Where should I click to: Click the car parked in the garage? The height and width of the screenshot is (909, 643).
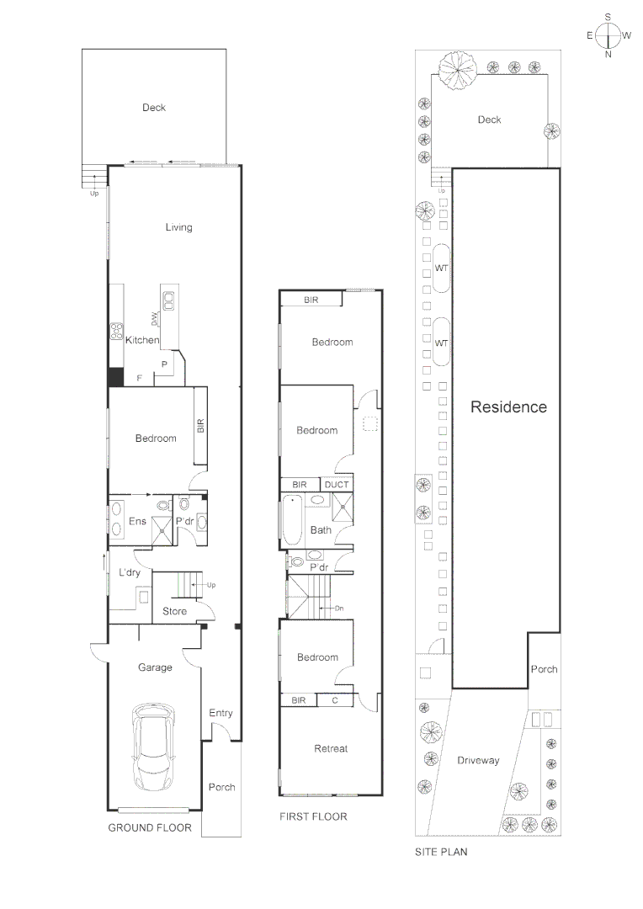click(154, 747)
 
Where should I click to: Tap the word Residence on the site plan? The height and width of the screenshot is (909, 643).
click(508, 407)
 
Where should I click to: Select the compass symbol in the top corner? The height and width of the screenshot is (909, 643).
click(608, 35)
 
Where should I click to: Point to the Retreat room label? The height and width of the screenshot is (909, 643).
click(331, 748)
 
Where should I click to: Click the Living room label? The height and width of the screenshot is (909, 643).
click(178, 227)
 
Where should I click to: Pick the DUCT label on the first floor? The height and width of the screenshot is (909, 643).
click(337, 485)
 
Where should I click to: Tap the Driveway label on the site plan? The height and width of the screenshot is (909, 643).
click(478, 760)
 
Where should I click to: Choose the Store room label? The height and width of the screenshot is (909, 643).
click(174, 611)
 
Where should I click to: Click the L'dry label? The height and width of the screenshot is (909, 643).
click(129, 573)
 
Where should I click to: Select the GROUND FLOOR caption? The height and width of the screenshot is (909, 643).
click(150, 828)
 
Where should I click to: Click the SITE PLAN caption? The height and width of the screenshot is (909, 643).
click(441, 852)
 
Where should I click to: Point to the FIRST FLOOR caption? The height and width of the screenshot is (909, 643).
click(313, 816)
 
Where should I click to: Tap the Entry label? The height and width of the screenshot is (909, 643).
click(221, 713)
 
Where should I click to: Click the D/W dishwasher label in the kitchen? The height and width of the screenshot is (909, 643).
click(155, 318)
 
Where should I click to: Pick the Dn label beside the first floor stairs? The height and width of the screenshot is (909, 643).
click(339, 609)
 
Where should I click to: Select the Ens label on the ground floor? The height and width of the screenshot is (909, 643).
click(137, 522)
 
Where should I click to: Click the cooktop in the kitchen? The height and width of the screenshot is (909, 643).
click(116, 332)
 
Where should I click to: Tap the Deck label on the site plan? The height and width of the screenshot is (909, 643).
click(489, 120)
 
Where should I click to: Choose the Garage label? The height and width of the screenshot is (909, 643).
click(155, 667)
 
